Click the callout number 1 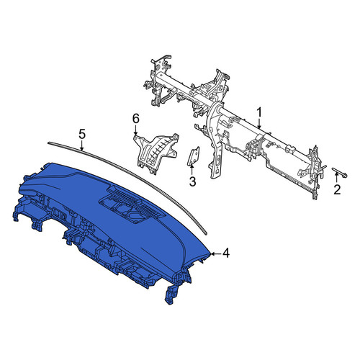click(x=259, y=113)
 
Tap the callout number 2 click(x=337, y=190)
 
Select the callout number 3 click(x=193, y=181)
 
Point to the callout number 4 click(x=225, y=253)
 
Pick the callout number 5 click(x=82, y=135)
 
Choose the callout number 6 click(x=136, y=119)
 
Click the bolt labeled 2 click(x=340, y=173)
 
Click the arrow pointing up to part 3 click(x=192, y=169)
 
